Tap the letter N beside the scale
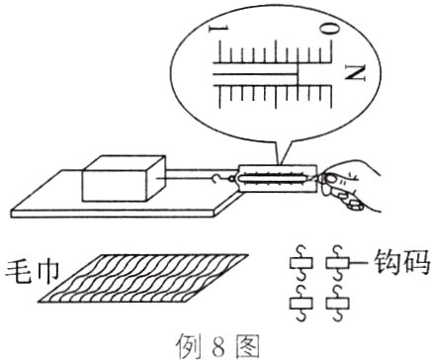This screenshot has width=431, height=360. coord(356,73)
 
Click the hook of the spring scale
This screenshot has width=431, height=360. coord(217,178)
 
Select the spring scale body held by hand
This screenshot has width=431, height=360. coord(278,178)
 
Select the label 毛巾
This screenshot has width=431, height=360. coord(32,272)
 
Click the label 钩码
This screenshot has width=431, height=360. coord(403,262)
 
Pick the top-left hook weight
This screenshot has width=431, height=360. coord(302,263)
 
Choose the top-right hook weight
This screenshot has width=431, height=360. coord(337,263)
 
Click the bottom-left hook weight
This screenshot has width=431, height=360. coord(302,304)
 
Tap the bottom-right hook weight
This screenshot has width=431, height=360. coord(337,304)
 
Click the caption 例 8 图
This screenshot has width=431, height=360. coord(217,346)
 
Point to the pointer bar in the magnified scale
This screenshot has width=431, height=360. coord(256,74)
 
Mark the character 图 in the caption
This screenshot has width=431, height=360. coord(247,346)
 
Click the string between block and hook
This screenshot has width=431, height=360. coord(185,178)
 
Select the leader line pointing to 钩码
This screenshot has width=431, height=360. coord(360,263)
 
